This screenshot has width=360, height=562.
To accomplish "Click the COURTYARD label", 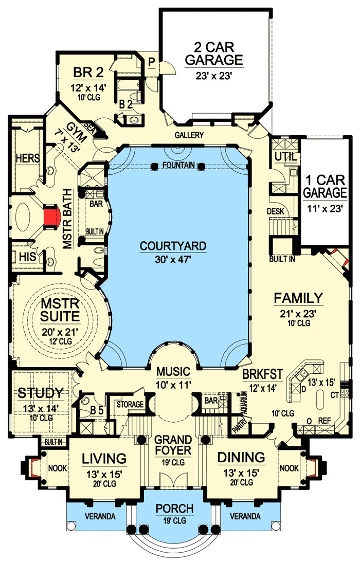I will (173, 246).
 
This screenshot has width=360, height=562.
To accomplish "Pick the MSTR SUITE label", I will (61, 308).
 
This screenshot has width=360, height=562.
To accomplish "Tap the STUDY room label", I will (41, 393).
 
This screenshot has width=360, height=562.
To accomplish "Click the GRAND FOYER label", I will (173, 445).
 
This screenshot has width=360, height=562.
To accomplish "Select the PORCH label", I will (174, 509).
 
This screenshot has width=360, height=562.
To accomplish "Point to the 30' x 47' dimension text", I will (173, 260).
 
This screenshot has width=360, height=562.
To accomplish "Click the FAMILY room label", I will (298, 298).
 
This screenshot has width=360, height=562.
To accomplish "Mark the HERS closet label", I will (28, 158).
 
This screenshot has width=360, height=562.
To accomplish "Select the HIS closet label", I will (26, 256).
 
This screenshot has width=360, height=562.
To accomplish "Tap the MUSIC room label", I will (174, 371).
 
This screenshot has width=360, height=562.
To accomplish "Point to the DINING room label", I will (241, 457).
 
